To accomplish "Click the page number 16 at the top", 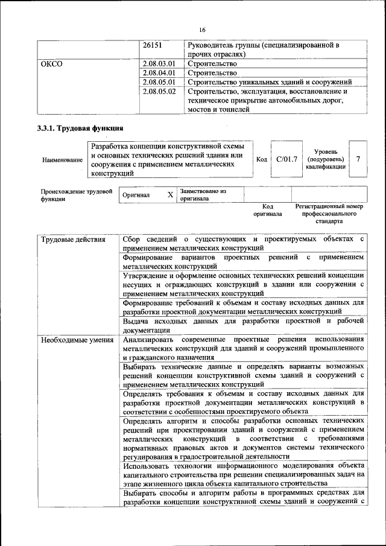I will pyautogui.click(x=202, y=30).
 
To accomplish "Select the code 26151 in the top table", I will pyautogui.click(x=154, y=45).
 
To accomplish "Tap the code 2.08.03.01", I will pyautogui.click(x=160, y=63).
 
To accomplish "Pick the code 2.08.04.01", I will pyautogui.click(x=160, y=73).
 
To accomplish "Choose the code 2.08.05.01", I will pyautogui.click(x=160, y=83).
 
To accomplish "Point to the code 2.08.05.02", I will pyautogui.click(x=160, y=92).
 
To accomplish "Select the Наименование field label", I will pyautogui.click(x=63, y=160).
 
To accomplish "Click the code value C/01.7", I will pyautogui.click(x=286, y=159).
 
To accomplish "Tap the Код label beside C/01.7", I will pyautogui.click(x=261, y=159).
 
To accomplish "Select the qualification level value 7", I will pyautogui.click(x=358, y=159).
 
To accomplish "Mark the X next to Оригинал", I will pyautogui.click(x=170, y=195).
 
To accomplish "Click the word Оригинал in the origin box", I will pyautogui.click(x=136, y=195).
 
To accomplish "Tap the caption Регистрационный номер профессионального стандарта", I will pyautogui.click(x=329, y=214).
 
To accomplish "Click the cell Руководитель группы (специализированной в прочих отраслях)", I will pyautogui.click(x=264, y=49).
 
